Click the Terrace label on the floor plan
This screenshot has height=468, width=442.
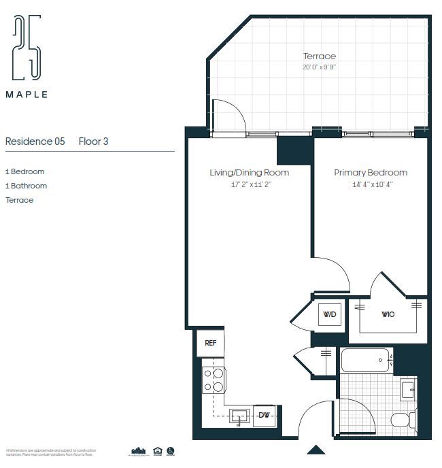(x=319, y=56)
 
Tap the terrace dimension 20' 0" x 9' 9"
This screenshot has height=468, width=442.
(x=319, y=67)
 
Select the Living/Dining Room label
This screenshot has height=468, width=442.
(x=249, y=173)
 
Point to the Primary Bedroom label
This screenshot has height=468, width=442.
(x=371, y=173)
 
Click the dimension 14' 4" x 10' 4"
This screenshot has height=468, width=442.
(x=371, y=184)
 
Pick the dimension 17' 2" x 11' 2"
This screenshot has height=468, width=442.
(x=249, y=184)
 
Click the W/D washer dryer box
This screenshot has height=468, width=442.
(x=330, y=315)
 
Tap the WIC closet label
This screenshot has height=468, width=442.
(x=388, y=315)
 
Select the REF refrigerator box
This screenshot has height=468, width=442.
(x=211, y=344)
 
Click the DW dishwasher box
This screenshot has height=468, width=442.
(x=263, y=416)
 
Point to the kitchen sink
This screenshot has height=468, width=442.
(x=239, y=416)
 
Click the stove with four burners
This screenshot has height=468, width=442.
(x=214, y=380)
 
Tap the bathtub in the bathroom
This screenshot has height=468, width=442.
(x=366, y=360)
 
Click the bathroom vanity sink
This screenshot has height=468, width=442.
(x=407, y=390)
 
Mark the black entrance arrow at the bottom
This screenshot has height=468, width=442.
(x=316, y=450)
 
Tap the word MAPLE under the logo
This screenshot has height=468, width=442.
(x=27, y=95)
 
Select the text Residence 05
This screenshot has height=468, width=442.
(x=35, y=141)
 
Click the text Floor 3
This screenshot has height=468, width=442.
(x=93, y=141)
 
